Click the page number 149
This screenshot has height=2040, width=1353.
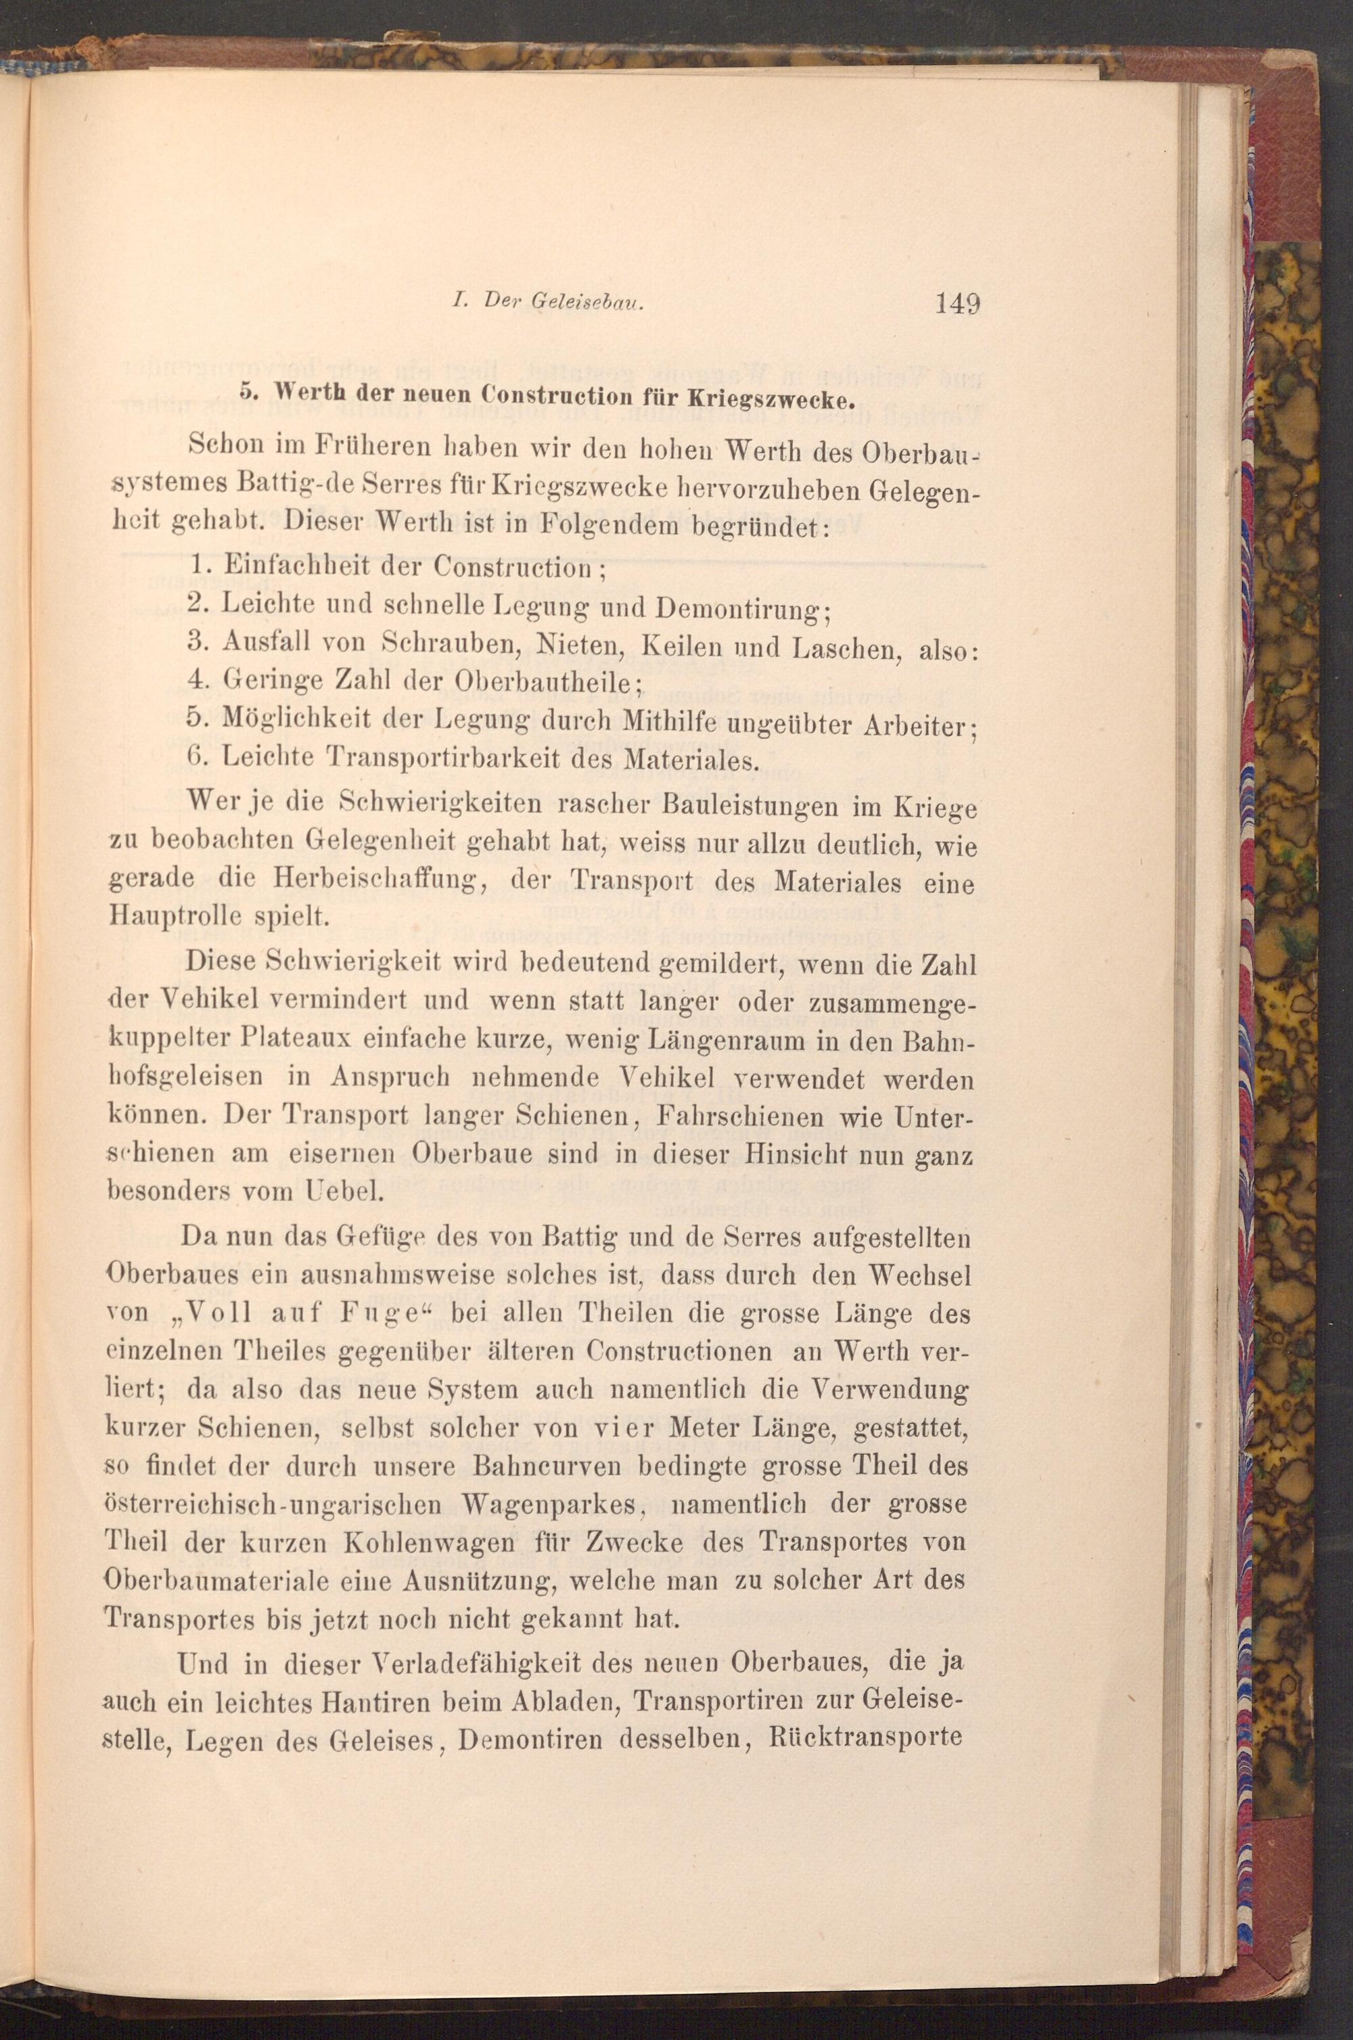tap(956, 304)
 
